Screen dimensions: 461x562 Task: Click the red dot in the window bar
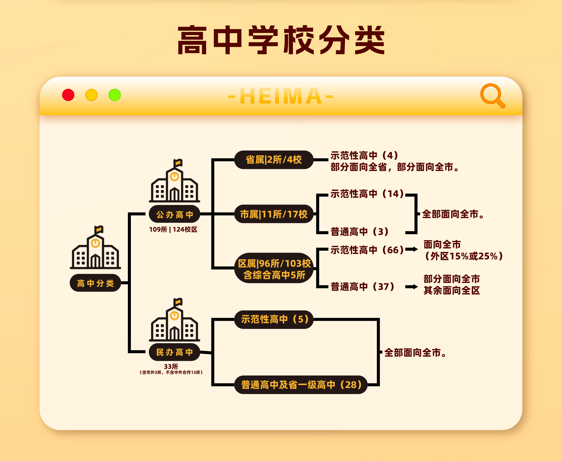click(x=68, y=95)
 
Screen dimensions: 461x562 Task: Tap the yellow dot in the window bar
click(x=91, y=95)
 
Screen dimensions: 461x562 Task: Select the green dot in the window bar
click(x=115, y=95)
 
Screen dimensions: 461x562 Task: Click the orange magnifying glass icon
click(x=492, y=96)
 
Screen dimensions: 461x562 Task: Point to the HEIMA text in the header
click(x=281, y=96)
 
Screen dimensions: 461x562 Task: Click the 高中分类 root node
click(x=95, y=283)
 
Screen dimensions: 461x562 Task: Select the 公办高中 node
click(x=174, y=214)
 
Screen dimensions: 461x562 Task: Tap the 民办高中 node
click(x=174, y=352)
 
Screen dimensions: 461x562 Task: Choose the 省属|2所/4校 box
click(x=274, y=160)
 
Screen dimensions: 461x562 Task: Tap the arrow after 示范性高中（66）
click(x=411, y=249)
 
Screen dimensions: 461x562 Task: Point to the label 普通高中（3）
click(x=359, y=231)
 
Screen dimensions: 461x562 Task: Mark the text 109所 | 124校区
click(x=173, y=230)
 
